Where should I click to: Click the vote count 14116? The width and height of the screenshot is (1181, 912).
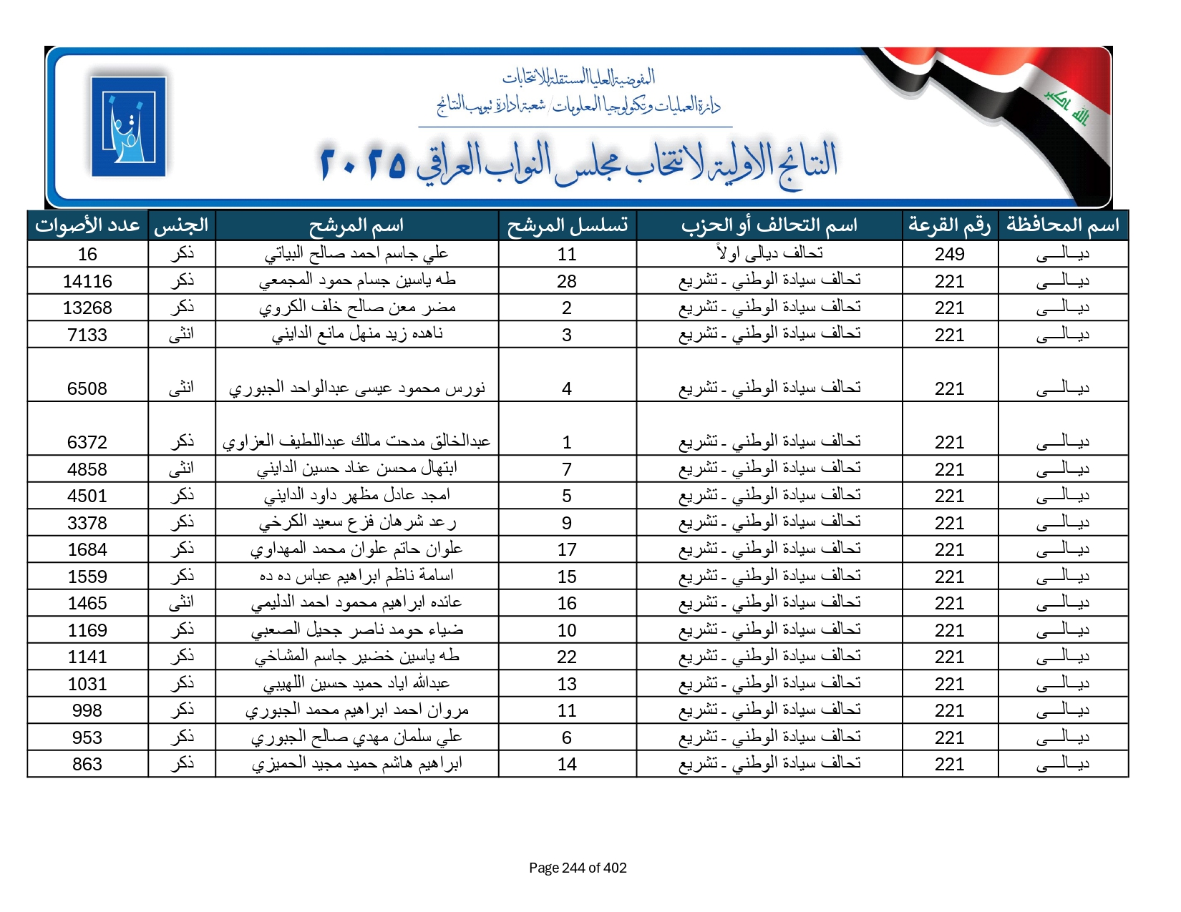87,281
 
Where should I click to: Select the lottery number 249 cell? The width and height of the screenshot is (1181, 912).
949,254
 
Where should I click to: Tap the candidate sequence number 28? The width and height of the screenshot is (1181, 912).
566,281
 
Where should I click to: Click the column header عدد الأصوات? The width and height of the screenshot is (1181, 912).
87,225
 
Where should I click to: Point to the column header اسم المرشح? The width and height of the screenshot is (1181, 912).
356,225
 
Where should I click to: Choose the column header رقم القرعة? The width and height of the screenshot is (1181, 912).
949,225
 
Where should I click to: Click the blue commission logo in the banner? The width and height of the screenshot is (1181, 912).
129,127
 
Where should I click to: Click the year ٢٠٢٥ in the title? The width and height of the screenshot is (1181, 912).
363,164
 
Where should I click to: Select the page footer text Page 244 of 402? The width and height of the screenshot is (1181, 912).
578,868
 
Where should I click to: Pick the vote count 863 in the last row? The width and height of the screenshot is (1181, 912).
87,764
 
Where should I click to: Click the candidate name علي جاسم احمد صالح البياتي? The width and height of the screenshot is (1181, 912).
356,253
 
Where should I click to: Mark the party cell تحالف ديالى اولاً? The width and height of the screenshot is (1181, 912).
769,253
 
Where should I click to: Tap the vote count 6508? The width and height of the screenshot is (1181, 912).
87,388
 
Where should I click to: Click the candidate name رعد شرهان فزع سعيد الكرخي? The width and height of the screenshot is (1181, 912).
356,522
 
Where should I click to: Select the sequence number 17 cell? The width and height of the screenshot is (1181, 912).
566,549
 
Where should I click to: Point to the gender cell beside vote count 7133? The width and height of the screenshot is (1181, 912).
182,334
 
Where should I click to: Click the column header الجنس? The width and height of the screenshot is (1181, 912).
182,225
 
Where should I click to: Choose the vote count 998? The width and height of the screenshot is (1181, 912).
87,710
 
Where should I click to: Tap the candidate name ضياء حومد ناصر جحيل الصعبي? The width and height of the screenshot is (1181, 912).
356,629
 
